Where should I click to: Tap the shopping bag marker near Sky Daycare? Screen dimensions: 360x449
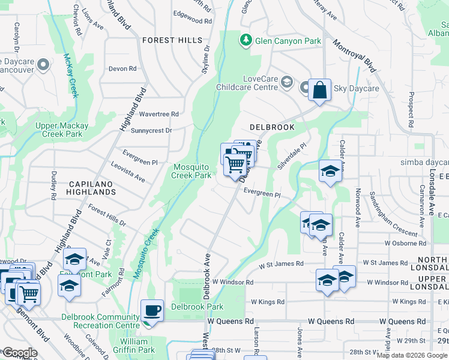tap(319, 91)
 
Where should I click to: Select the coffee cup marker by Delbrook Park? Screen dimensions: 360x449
tap(151, 311)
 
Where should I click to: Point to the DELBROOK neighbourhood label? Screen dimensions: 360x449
tap(272, 127)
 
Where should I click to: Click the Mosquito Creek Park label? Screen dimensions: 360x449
tap(191, 171)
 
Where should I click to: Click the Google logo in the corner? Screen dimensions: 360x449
tap(19, 353)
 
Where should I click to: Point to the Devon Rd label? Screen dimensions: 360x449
tap(122, 68)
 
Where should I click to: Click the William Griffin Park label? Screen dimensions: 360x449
tap(133, 346)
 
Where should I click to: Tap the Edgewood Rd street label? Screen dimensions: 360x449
tap(192, 20)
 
